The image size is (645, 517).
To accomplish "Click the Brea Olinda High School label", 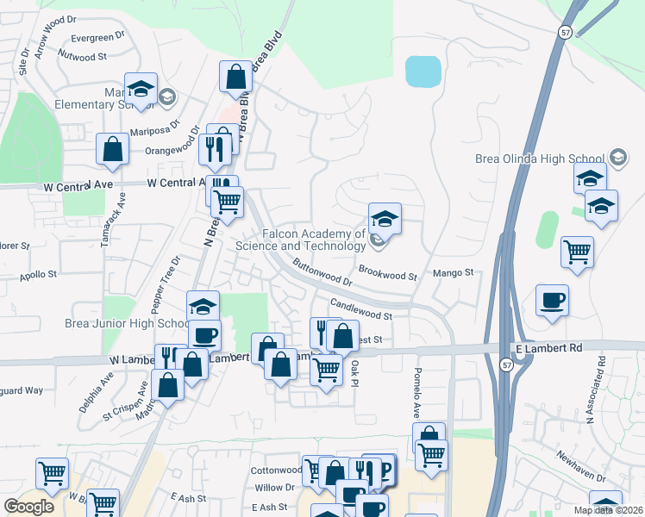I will click(540, 159).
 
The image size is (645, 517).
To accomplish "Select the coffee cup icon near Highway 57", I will click(552, 301).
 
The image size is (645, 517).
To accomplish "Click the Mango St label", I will click(458, 272).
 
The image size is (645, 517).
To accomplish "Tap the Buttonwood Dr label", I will click(322, 272).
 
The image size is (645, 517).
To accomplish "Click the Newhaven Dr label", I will click(580, 466).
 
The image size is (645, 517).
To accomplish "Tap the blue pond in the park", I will click(423, 72).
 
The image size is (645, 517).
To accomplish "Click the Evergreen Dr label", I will click(92, 38).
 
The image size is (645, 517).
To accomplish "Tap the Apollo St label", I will click(40, 274).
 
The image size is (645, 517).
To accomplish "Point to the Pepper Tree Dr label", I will click(166, 283).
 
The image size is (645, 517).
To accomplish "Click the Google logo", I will click(28, 507).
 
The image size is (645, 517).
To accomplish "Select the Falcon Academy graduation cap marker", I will click(385, 218).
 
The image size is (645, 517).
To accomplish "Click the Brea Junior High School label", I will click(128, 324).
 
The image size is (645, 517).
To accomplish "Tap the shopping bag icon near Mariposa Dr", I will click(112, 149).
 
